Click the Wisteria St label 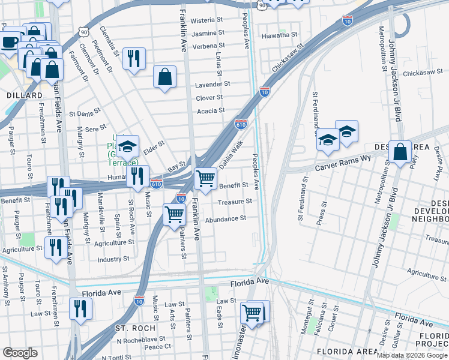[207, 20]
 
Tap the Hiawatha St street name [280, 35]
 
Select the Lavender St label [209, 85]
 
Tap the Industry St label [113, 259]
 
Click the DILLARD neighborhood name [25, 95]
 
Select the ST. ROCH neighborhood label [135, 328]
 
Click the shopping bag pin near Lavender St [164, 77]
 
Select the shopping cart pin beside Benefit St [205, 178]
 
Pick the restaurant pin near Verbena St [133, 58]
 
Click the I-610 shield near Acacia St [241, 124]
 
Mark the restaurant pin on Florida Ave [80, 308]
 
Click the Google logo [20, 353]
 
